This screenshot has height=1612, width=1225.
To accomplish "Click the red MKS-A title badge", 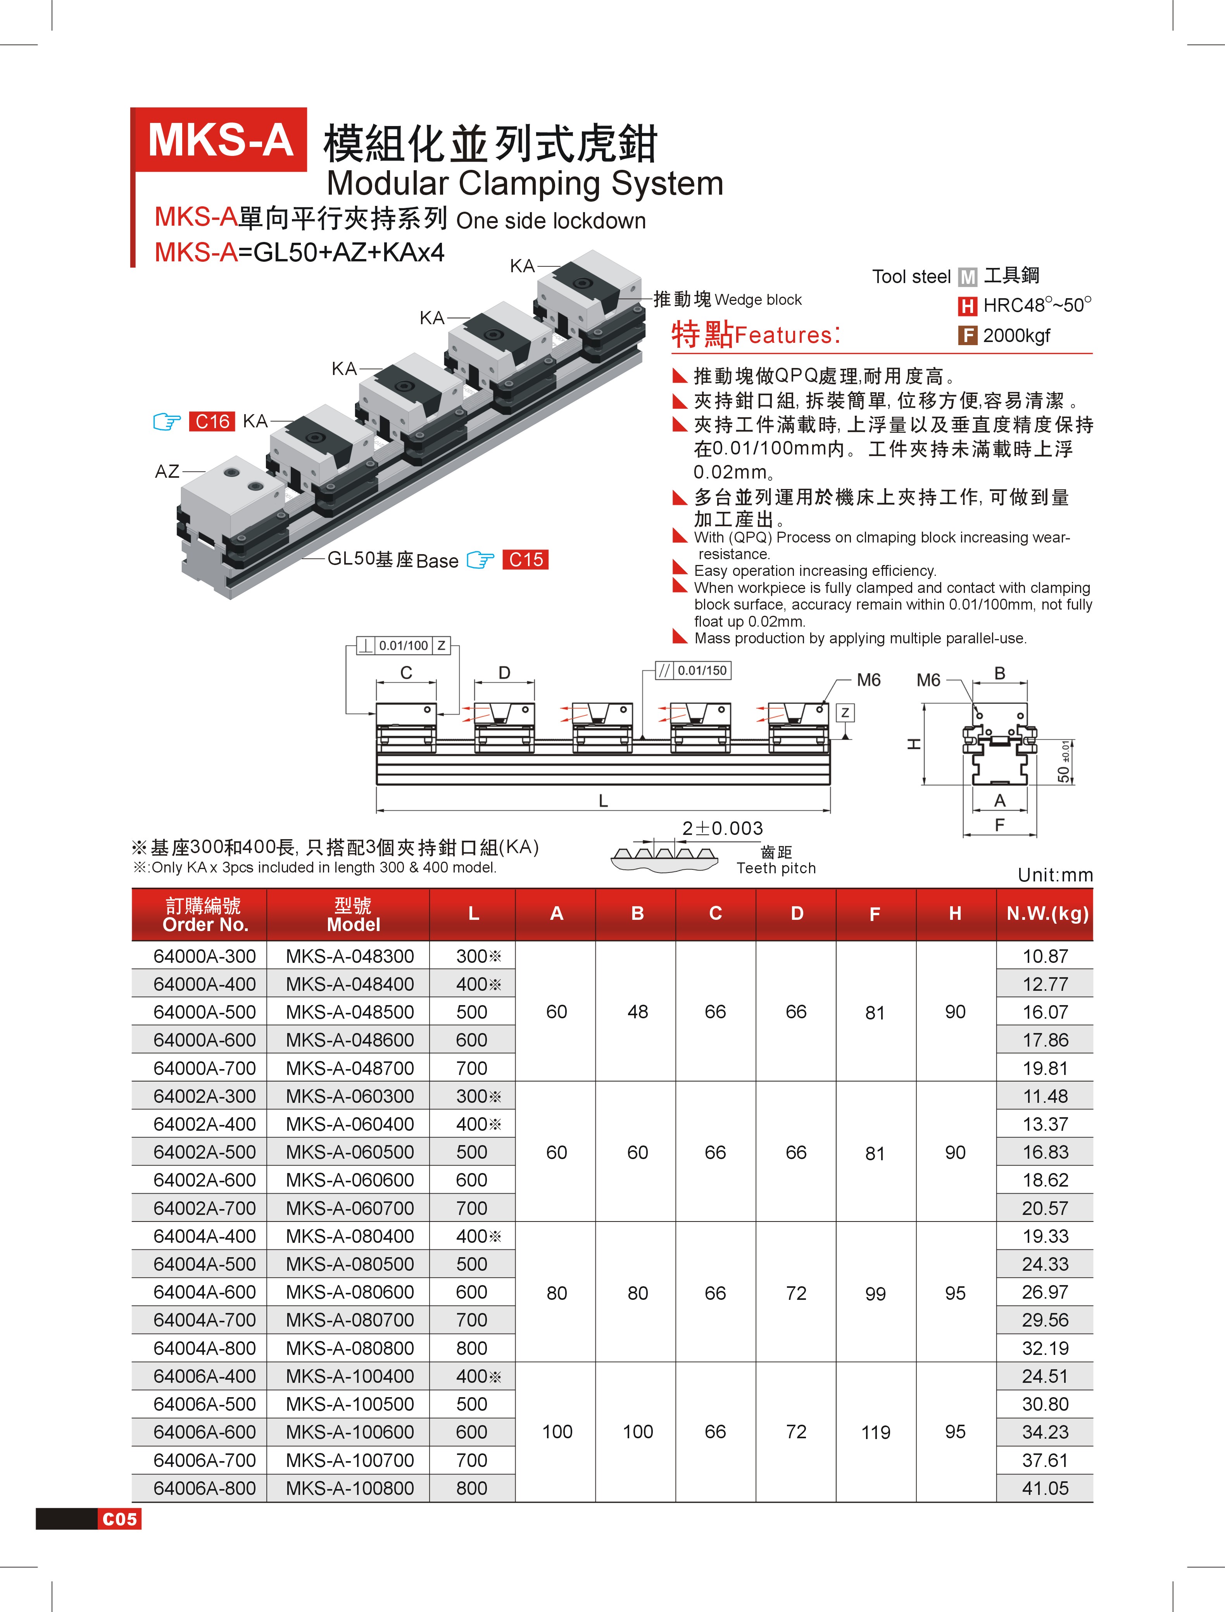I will point(220,140).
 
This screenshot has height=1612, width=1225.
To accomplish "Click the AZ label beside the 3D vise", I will point(167,471).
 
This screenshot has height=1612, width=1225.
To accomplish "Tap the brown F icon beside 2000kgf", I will point(967,335).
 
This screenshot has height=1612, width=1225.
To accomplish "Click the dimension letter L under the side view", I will point(603,801).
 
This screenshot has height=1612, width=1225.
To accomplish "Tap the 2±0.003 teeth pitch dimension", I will point(723,828).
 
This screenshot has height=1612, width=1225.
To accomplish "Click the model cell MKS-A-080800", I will point(350,1348).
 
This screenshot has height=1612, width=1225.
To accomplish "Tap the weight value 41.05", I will point(1045,1488).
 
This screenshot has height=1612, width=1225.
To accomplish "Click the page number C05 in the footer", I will point(119,1519).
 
